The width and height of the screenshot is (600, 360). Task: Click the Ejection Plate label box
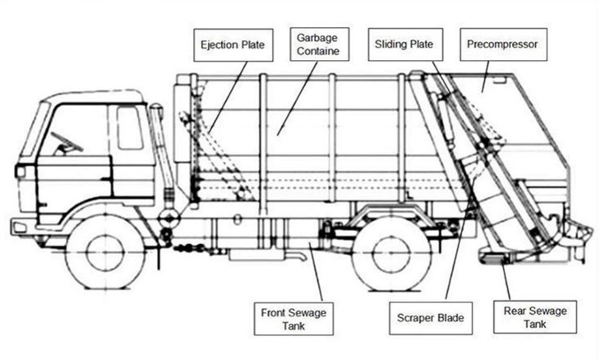pos(233,45)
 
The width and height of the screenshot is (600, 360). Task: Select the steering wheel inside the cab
pos(67,141)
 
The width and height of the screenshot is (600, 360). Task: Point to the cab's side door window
pos(129,127)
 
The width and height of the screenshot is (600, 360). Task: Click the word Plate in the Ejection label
pos(253,45)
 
